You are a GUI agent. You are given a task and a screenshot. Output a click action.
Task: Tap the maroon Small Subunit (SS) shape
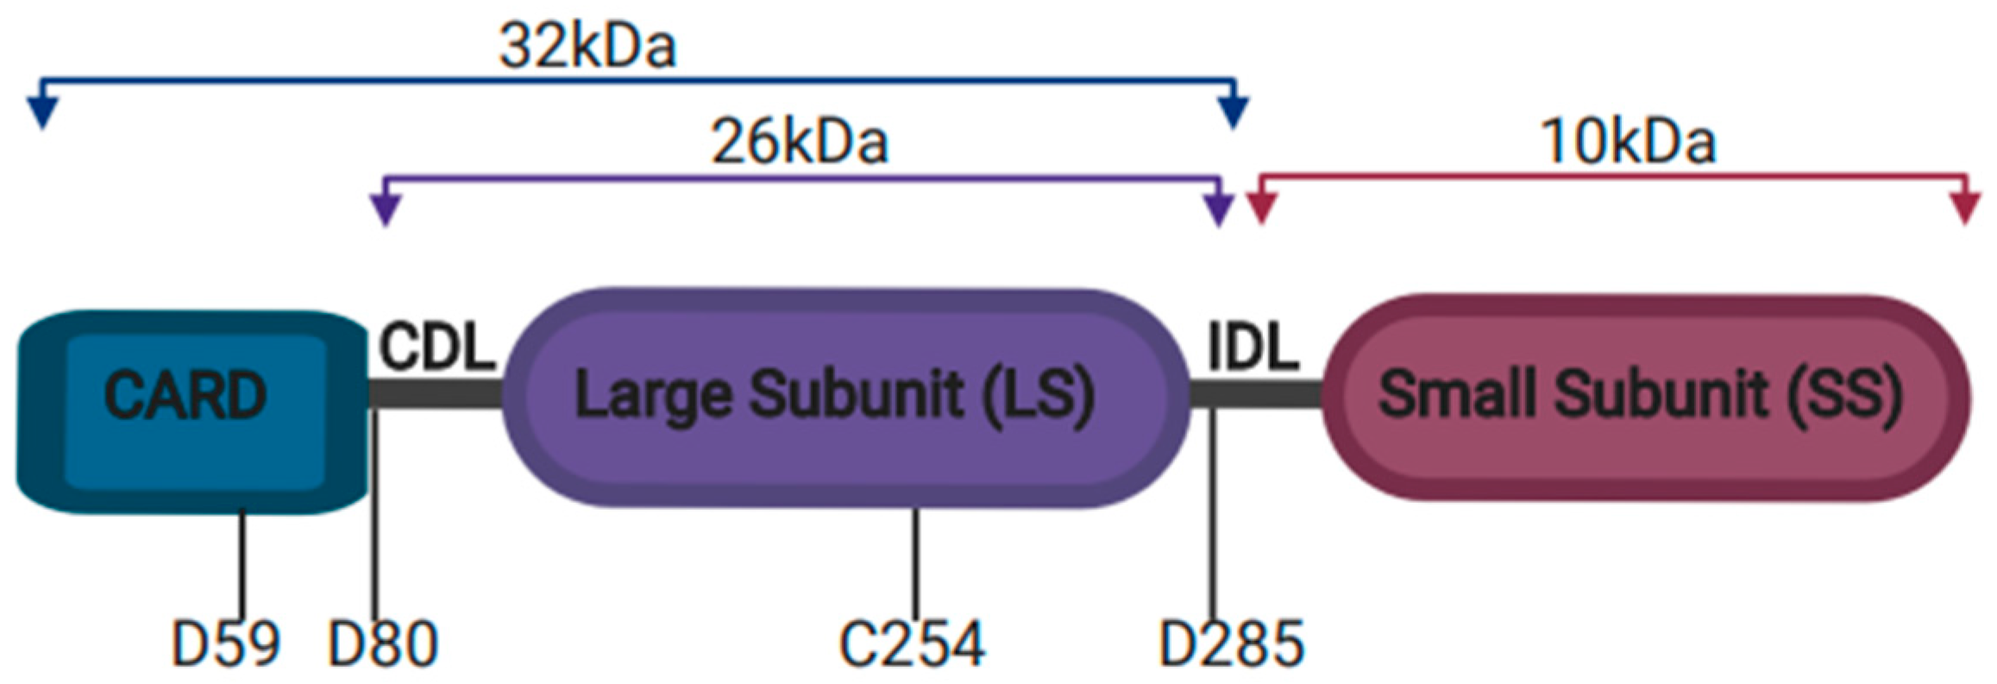(1644, 398)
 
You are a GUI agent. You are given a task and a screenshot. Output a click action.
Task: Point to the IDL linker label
(1253, 348)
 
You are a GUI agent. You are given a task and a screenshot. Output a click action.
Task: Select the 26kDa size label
(799, 142)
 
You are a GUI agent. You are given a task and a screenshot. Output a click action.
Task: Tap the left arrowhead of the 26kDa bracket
(385, 210)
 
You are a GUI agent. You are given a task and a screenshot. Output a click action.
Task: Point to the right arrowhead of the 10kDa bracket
(1964, 210)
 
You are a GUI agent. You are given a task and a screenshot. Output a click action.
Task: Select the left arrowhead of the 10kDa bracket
(1261, 210)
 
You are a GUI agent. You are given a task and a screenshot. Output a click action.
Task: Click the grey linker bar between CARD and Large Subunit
(436, 394)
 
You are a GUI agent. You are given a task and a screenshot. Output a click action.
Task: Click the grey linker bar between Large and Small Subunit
(1256, 394)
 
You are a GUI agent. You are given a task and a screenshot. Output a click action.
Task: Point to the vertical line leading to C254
(914, 561)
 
